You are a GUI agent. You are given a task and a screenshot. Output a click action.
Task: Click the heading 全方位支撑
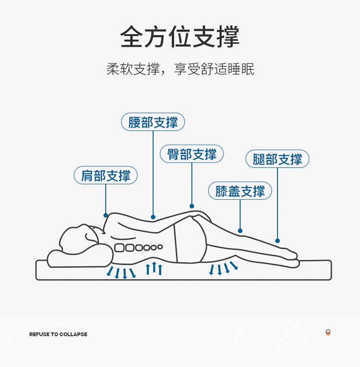click(x=180, y=37)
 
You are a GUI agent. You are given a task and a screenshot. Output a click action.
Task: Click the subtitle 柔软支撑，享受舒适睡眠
click(x=180, y=69)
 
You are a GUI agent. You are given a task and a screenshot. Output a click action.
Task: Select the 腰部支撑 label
click(x=153, y=122)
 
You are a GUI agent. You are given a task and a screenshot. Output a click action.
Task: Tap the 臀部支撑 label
click(x=192, y=154)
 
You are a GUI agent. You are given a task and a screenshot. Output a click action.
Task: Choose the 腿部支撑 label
click(x=277, y=159)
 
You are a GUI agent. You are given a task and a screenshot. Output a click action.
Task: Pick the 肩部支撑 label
click(x=106, y=175)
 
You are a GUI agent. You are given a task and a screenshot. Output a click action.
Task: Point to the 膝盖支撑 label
click(x=240, y=191)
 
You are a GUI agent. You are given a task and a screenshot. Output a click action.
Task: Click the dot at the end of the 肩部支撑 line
click(x=106, y=215)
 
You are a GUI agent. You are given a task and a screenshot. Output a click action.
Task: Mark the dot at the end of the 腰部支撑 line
click(x=153, y=217)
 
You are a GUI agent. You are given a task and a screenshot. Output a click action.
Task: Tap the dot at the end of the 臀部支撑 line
click(x=192, y=206)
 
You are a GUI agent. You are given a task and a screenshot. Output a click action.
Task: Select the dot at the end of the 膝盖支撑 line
click(x=240, y=231)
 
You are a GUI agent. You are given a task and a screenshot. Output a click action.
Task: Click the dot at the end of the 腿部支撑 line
click(x=277, y=241)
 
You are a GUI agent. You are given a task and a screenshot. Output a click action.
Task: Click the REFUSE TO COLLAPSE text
click(x=58, y=334)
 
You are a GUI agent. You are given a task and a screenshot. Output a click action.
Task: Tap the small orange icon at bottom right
click(x=328, y=332)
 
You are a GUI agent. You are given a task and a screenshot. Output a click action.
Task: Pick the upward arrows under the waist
click(x=154, y=269)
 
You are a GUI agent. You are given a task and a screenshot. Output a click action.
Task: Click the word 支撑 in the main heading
click(x=216, y=37)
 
